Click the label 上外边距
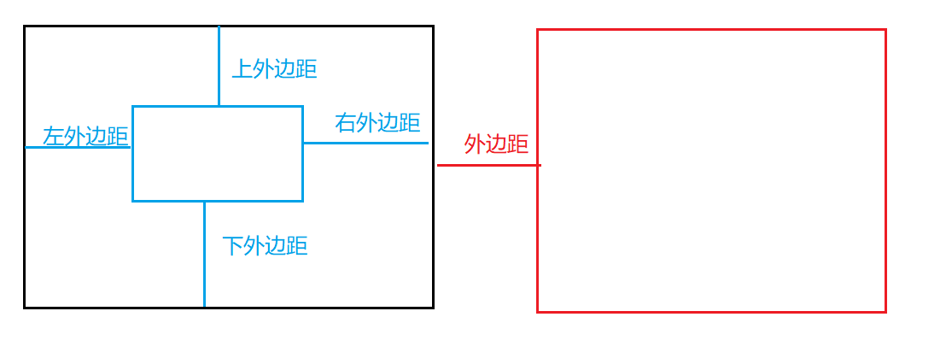[x=275, y=69]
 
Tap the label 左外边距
[x=85, y=136]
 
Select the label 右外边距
[x=377, y=123]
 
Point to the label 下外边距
[x=265, y=246]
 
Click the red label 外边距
[x=496, y=144]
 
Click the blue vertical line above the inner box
[x=219, y=67]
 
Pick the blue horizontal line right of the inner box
[x=365, y=143]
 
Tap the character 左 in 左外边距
[x=54, y=136]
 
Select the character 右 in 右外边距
[x=346, y=123]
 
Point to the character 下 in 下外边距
[x=233, y=246]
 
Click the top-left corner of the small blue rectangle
[x=133, y=107]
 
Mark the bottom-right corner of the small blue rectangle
[x=302, y=201]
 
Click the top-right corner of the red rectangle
[x=885, y=30]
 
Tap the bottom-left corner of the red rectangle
[x=538, y=312]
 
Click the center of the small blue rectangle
[x=218, y=154]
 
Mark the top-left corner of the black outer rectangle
[x=25, y=26]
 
